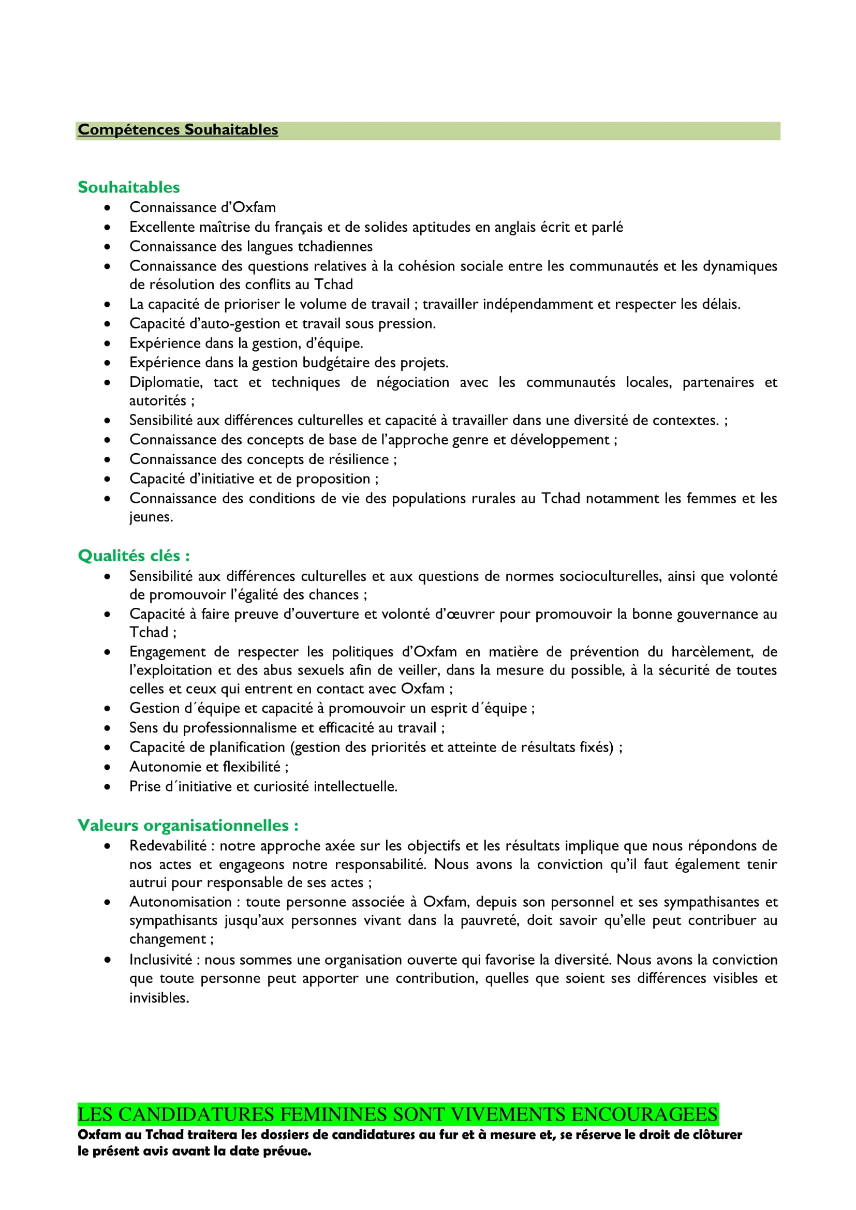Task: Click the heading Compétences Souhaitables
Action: pos(178,130)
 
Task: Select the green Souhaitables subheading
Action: pos(129,187)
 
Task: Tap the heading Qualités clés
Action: pos(134,556)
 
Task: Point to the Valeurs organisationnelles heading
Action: pos(188,825)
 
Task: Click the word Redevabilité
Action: pos(168,845)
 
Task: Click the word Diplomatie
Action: pos(166,382)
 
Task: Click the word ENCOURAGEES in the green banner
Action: pos(644,1115)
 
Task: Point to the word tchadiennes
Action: pos(335,246)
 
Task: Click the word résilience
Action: pos(359,459)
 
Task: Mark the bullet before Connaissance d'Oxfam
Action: pos(108,207)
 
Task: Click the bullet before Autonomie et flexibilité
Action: pos(108,767)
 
